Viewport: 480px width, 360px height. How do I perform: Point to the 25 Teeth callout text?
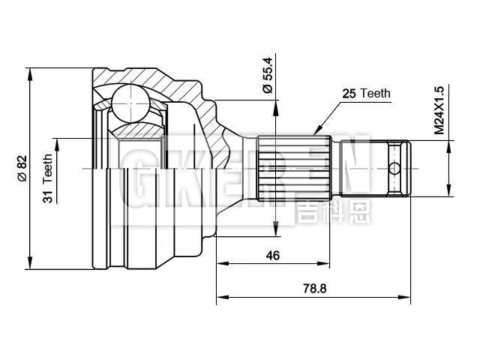pos(366,94)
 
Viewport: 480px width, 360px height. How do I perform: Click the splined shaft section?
pos(292,166)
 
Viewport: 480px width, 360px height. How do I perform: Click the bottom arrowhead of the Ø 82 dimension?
pos(30,265)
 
